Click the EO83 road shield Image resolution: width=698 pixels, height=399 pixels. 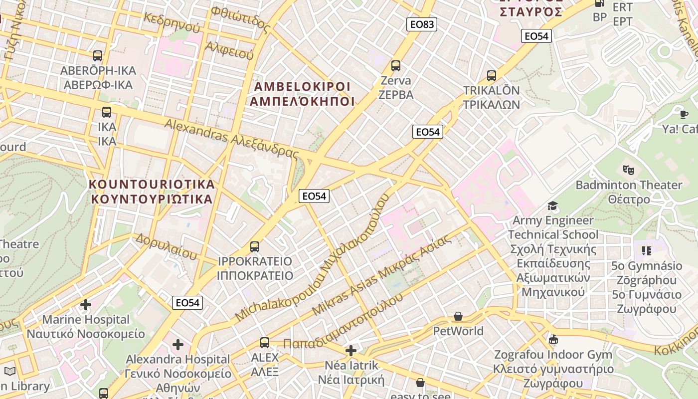421,24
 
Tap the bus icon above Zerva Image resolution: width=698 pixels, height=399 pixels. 396,65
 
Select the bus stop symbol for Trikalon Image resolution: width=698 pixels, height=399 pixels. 492,76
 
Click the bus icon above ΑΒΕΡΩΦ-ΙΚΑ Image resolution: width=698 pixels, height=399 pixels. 98,56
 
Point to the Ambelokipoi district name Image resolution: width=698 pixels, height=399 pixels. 302,94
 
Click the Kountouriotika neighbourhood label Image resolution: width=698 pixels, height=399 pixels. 152,192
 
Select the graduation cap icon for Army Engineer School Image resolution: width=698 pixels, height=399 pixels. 552,205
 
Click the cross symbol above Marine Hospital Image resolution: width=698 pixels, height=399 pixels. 86,304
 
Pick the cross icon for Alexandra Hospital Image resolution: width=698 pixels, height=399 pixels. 178,344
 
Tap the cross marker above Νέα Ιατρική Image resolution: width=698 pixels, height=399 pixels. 351,351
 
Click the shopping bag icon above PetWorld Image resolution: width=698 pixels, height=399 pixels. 458,316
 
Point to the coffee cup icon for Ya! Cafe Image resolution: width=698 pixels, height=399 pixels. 684,114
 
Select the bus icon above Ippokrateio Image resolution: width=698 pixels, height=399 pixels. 255,246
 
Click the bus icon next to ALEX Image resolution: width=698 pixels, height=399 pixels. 265,343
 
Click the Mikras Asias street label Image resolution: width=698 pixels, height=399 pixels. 382,275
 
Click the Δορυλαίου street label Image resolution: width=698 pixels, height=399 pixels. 167,246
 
